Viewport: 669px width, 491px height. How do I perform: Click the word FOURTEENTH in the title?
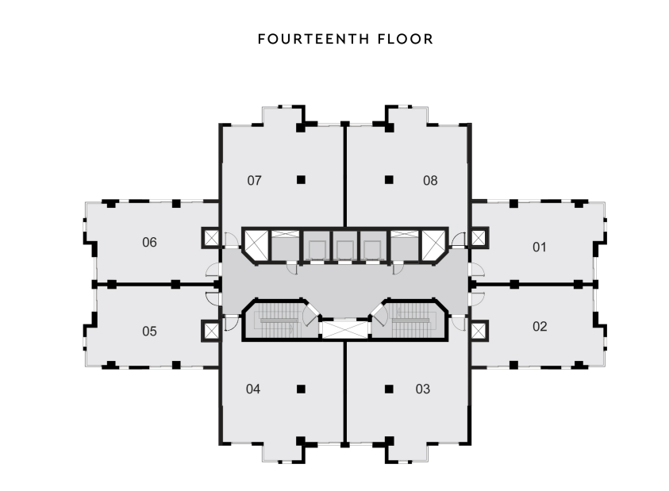pyautogui.click(x=313, y=39)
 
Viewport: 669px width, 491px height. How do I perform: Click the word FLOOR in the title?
pyautogui.click(x=406, y=39)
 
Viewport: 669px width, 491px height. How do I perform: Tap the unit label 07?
pyautogui.click(x=254, y=180)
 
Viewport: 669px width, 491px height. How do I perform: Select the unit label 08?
pyautogui.click(x=430, y=180)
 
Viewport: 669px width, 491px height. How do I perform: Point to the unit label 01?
pyautogui.click(x=540, y=247)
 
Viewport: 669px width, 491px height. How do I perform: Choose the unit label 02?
pyautogui.click(x=540, y=326)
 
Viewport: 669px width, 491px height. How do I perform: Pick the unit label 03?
pyautogui.click(x=423, y=389)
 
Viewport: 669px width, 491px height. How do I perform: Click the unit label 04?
pyautogui.click(x=253, y=389)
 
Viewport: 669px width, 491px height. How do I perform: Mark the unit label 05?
pyautogui.click(x=149, y=331)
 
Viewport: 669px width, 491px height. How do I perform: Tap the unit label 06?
pyautogui.click(x=149, y=242)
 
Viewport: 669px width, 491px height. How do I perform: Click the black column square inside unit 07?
pyautogui.click(x=302, y=180)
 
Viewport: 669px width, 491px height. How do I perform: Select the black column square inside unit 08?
pyautogui.click(x=389, y=180)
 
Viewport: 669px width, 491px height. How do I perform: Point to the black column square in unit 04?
pyautogui.click(x=302, y=389)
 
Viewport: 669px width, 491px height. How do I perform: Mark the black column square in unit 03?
pyautogui.click(x=389, y=389)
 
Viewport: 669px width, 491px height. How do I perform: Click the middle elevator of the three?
pyautogui.click(x=344, y=250)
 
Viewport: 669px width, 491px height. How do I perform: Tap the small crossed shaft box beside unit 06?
pyautogui.click(x=211, y=238)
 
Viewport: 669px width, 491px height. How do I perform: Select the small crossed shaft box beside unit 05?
pyautogui.click(x=211, y=331)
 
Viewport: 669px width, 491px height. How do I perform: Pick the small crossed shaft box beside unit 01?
pyautogui.click(x=479, y=238)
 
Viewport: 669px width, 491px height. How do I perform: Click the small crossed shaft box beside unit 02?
pyautogui.click(x=479, y=331)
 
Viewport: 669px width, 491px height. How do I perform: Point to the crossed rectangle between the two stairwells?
pyautogui.click(x=344, y=330)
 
